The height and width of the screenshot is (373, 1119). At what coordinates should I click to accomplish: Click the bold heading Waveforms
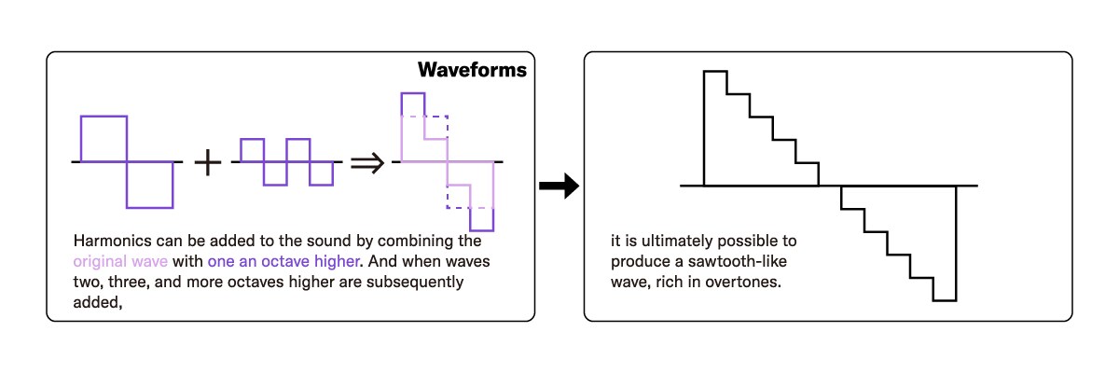point(472,71)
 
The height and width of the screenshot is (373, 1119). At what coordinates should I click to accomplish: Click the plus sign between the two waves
point(208,163)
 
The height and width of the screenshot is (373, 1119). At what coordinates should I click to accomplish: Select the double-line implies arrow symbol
point(366,163)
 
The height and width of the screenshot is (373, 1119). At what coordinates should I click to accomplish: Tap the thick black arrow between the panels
point(559,186)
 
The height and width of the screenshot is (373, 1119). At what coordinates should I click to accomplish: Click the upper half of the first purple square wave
point(104,138)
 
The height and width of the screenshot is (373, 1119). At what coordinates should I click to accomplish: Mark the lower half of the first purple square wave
point(149,185)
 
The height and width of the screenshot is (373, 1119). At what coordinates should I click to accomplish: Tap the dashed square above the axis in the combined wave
point(435,128)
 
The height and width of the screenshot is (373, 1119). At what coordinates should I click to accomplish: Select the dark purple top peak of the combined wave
point(413,104)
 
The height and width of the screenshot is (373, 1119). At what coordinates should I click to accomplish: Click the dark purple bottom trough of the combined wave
point(481,219)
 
